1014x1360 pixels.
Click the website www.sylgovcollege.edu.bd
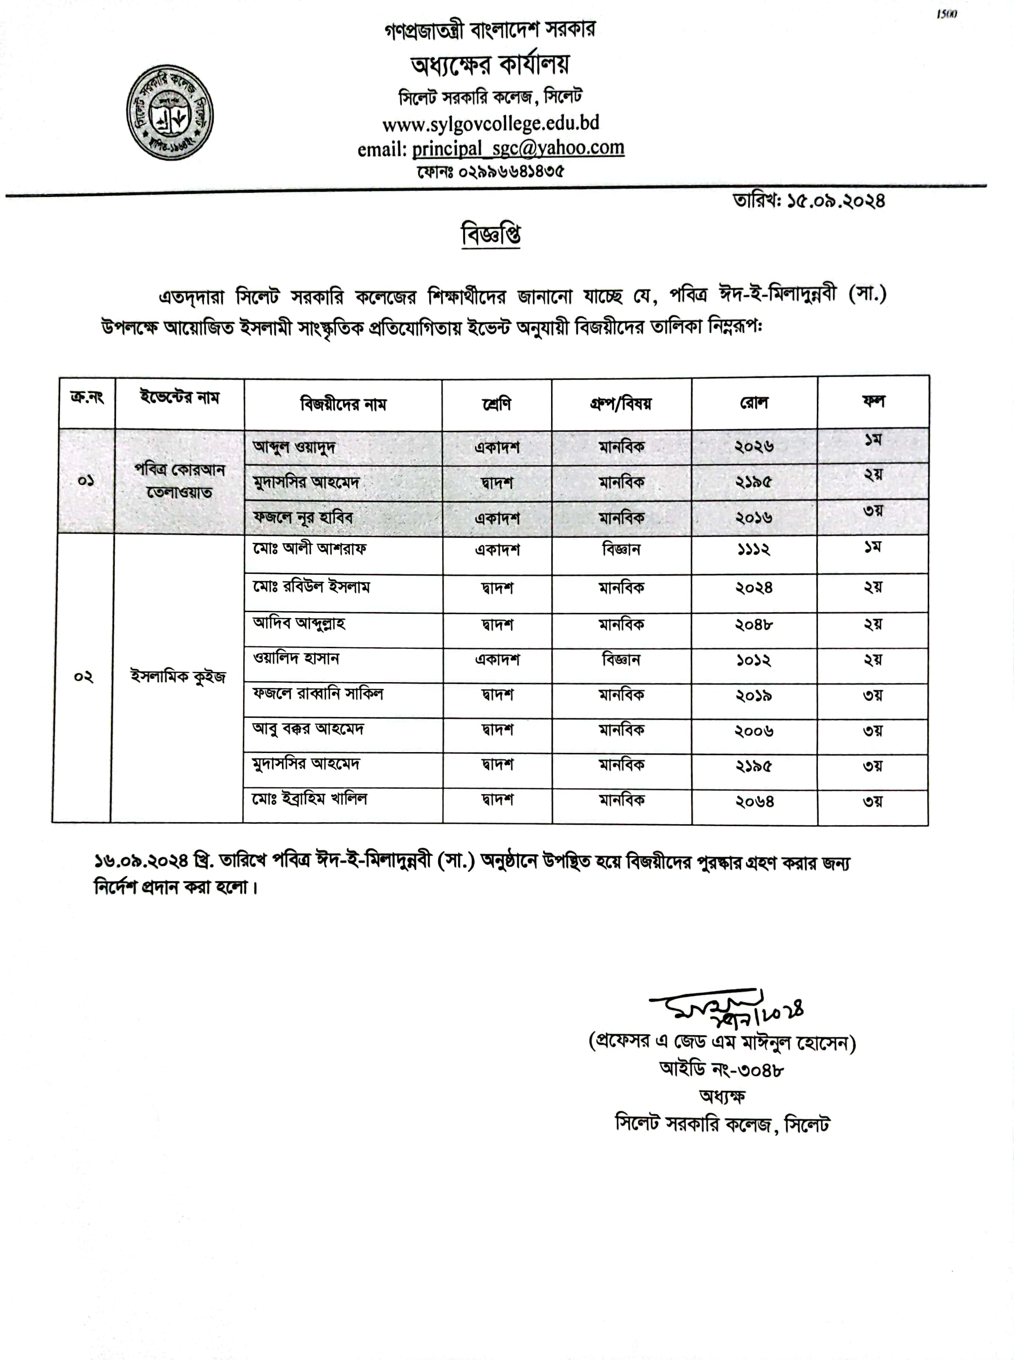(490, 123)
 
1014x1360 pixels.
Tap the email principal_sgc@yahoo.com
(518, 149)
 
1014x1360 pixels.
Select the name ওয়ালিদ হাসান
(296, 659)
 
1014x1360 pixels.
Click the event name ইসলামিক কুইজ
(178, 677)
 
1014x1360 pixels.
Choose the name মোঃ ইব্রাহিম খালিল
(310, 799)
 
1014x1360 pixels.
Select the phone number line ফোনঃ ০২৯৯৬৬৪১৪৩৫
(490, 171)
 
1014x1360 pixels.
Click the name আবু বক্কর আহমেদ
(308, 729)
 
